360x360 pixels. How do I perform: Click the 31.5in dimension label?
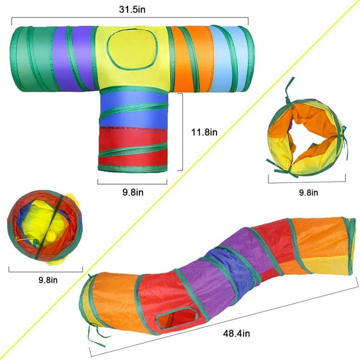132,9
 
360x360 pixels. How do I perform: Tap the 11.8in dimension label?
204,132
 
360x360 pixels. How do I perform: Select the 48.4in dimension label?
236,333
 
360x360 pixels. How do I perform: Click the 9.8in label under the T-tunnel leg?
133,192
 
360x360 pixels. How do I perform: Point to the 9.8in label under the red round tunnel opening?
48,280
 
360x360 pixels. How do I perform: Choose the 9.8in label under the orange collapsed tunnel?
308,192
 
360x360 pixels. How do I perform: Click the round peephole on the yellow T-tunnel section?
132,49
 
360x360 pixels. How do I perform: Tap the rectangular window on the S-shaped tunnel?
177,318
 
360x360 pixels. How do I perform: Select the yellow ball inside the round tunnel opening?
52,236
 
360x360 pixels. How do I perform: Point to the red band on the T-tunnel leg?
133,146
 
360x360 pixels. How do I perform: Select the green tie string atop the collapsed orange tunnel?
289,91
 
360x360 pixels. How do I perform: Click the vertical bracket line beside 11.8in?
182,132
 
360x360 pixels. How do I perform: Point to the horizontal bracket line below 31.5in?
130,17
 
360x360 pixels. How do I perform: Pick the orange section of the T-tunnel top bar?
192,59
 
